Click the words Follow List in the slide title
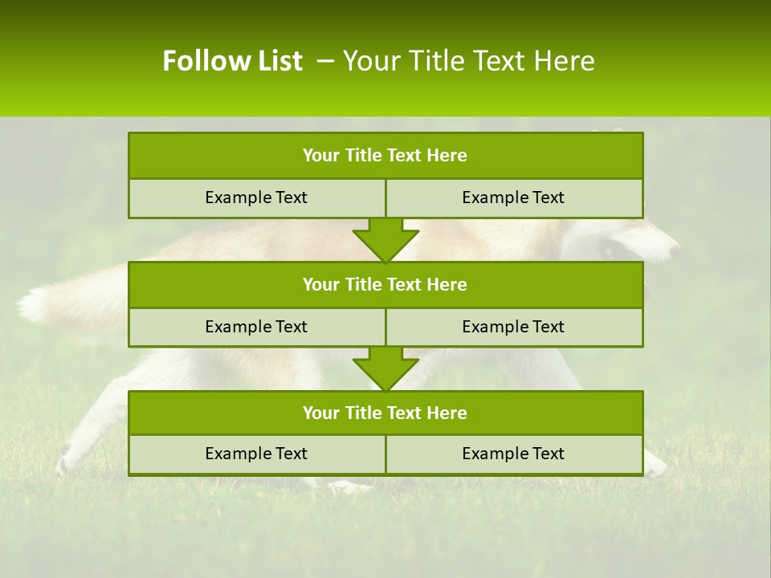[232, 61]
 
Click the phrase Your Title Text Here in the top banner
[468, 61]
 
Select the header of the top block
[385, 156]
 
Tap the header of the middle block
[385, 284]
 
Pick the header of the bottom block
[385, 413]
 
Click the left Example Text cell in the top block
[256, 197]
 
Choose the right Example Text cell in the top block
[513, 197]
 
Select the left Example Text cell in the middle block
[256, 327]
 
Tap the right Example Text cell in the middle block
[513, 327]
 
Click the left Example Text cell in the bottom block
[256, 454]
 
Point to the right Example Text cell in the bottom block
[513, 454]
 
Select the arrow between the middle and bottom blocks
[385, 368]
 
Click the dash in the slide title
[325, 61]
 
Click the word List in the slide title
[275, 61]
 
